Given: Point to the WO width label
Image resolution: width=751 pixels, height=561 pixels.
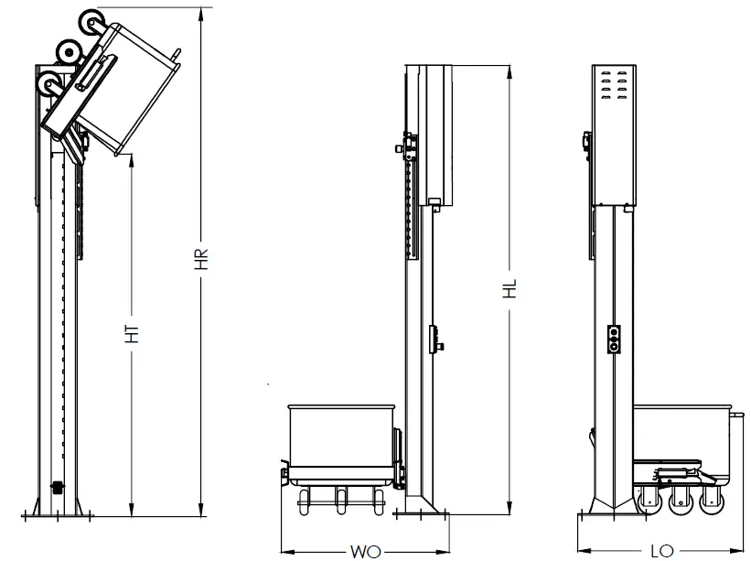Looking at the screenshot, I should coord(364,551).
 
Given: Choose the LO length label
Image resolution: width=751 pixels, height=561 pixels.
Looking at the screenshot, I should coord(661,551).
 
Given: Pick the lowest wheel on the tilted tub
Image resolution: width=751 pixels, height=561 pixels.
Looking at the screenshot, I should coord(48,85).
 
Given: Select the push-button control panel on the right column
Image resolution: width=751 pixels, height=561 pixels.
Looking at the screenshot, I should coord(615,339).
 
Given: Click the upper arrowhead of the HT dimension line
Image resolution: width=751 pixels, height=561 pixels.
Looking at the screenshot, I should coord(134,156).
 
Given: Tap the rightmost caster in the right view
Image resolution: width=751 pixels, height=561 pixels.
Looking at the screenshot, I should coord(711,502).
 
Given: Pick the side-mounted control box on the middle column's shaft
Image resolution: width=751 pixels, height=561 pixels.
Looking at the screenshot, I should coord(436,339).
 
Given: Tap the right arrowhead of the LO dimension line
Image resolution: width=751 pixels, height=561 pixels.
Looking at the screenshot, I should coord(739,551).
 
